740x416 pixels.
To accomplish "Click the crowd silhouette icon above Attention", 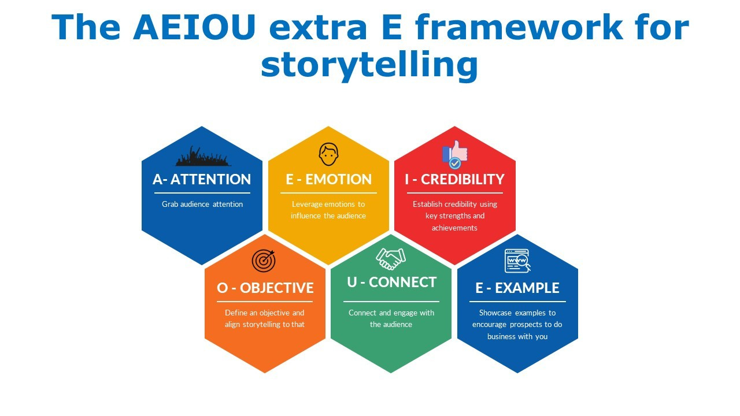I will [202, 156].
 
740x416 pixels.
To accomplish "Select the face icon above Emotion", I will [328, 154].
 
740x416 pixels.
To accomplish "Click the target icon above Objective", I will [264, 261].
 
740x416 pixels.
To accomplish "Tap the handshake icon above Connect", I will [391, 258].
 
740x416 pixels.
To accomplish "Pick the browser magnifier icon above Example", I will [517, 261].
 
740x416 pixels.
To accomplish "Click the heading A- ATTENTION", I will [202, 180].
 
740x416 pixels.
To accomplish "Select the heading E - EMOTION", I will [328, 180].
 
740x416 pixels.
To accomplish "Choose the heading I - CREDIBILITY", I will [454, 180].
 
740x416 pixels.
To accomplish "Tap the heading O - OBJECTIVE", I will [265, 288].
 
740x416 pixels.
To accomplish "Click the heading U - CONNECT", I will [391, 282].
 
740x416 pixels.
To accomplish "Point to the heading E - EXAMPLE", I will [517, 288].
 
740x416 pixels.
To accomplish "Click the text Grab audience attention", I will [202, 205].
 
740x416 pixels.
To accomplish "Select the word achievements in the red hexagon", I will [454, 228].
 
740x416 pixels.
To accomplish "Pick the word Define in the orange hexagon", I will [235, 313].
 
